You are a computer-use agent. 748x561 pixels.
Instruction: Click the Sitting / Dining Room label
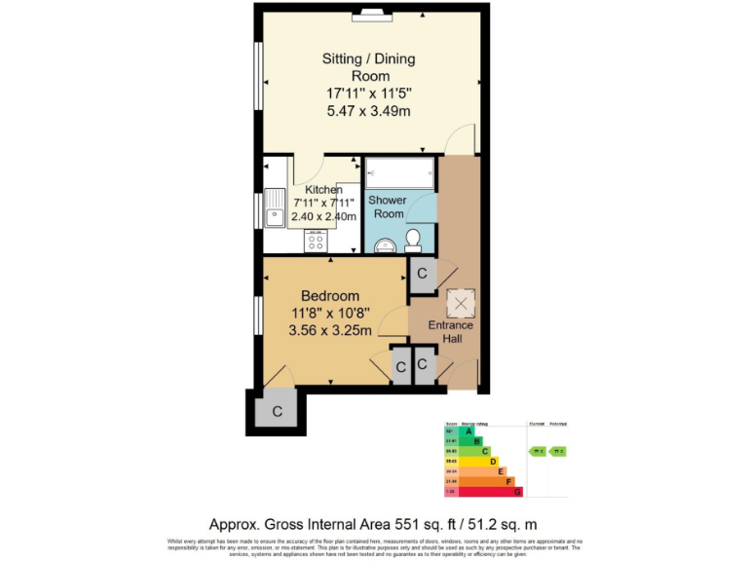pos(368,67)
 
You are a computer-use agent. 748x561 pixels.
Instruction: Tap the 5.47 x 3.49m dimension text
pos(368,111)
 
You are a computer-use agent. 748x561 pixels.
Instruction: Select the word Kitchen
pos(323,189)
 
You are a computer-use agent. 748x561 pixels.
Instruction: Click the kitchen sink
pos(275,208)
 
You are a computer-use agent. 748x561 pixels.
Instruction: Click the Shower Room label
pos(387,206)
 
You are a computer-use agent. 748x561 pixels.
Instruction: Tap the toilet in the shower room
pos(413,238)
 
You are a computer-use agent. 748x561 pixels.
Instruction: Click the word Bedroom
pos(329,296)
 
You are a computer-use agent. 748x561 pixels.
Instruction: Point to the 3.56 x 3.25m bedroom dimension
pos(329,331)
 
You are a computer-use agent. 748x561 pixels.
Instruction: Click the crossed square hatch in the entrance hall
pos(460,303)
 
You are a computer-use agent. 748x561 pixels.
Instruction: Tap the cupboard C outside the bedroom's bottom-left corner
pos(277,412)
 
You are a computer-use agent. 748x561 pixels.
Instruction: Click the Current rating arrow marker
pos(536,451)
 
